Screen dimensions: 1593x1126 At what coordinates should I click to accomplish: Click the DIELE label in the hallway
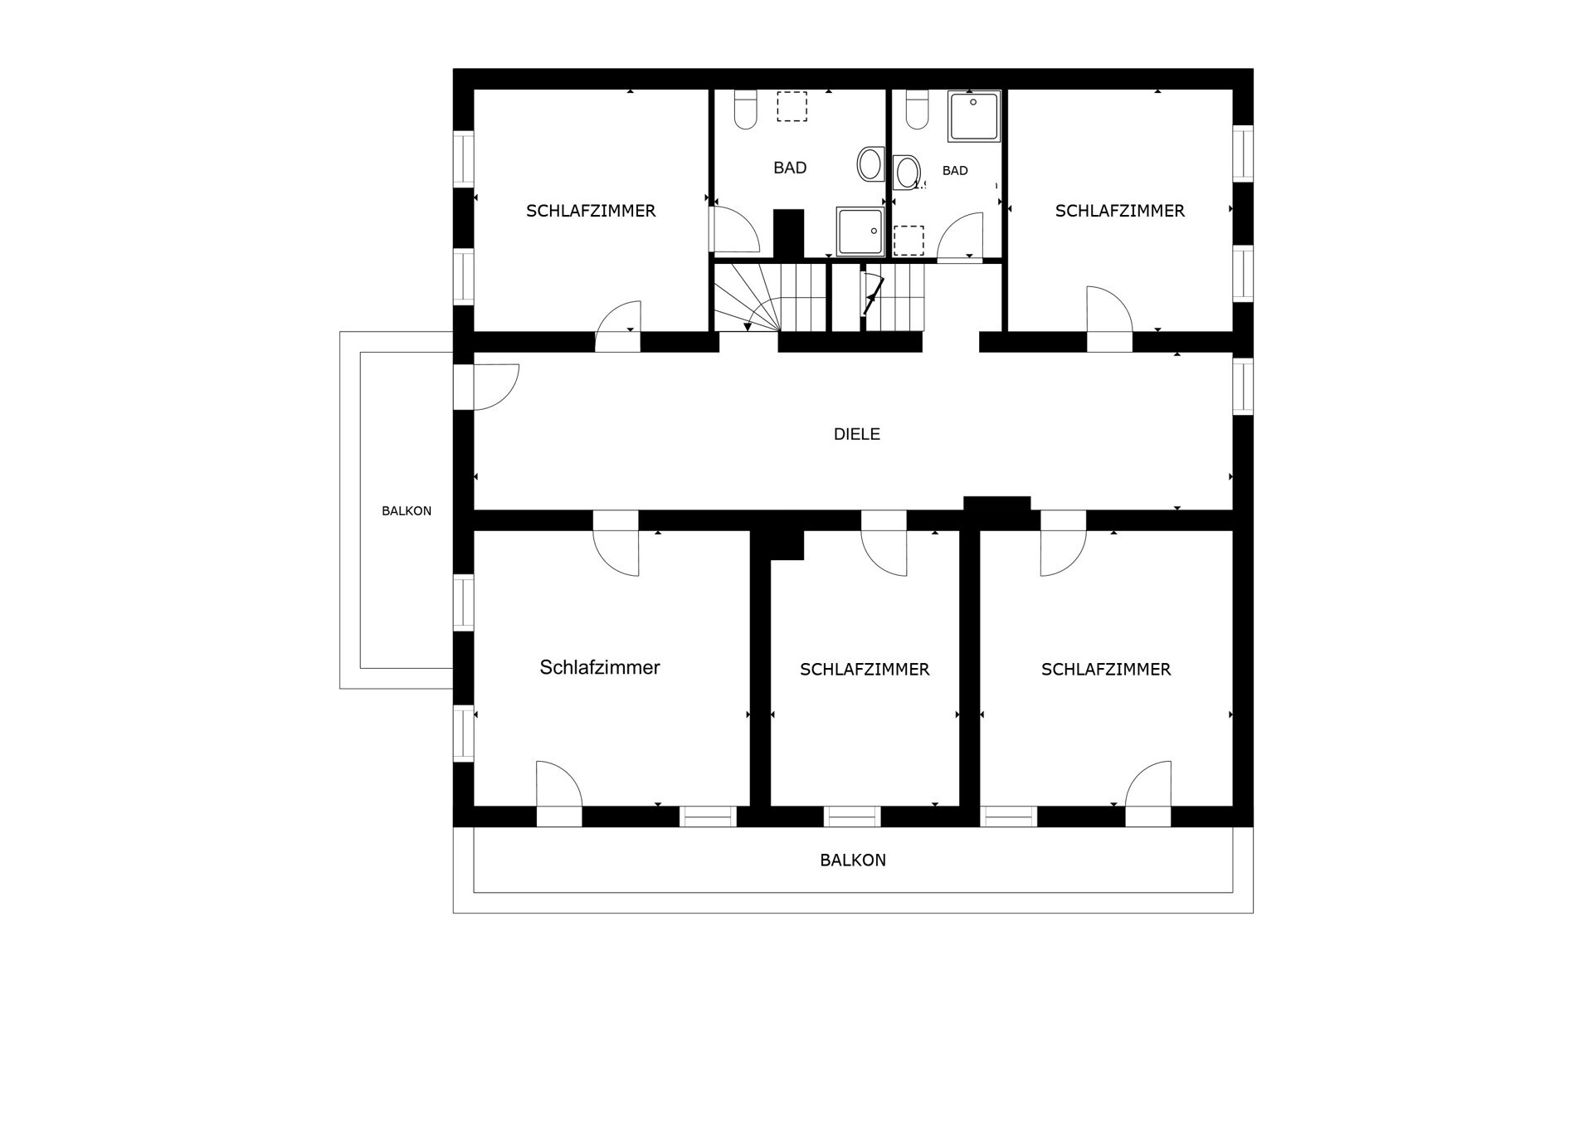pyautogui.click(x=856, y=434)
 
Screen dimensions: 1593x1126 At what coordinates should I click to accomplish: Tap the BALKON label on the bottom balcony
pyautogui.click(x=853, y=860)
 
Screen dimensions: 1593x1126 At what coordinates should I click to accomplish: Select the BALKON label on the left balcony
pyautogui.click(x=407, y=511)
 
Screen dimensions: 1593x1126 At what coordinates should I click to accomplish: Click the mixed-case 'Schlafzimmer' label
pyautogui.click(x=600, y=667)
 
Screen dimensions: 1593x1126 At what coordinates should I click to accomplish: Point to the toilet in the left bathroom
pyautogui.click(x=745, y=109)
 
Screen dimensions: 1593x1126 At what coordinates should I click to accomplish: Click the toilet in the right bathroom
pyautogui.click(x=917, y=109)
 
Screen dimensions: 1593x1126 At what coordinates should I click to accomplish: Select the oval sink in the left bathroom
pyautogui.click(x=870, y=163)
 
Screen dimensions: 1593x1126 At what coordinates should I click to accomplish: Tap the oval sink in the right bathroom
pyautogui.click(x=907, y=172)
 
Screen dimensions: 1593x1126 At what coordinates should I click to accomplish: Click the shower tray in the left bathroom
pyautogui.click(x=860, y=232)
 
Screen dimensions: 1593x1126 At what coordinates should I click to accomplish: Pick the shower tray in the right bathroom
pyautogui.click(x=975, y=117)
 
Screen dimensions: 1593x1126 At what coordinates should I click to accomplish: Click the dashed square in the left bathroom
pyautogui.click(x=792, y=106)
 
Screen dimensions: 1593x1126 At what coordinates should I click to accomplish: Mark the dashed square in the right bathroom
pyautogui.click(x=909, y=241)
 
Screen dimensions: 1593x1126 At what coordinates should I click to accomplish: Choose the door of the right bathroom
pyautogui.click(x=960, y=237)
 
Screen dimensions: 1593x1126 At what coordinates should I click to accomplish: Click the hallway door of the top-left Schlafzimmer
pyautogui.click(x=618, y=326)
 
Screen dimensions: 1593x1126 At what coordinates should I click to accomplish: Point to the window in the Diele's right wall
pyautogui.click(x=1243, y=386)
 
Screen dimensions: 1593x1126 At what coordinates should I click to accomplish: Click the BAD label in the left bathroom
pyautogui.click(x=790, y=168)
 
